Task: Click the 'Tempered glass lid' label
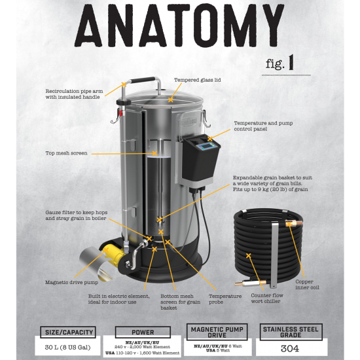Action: [197, 81]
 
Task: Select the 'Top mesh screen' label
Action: [67, 153]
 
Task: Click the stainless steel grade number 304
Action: [291, 348]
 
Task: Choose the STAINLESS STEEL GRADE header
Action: [291, 331]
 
